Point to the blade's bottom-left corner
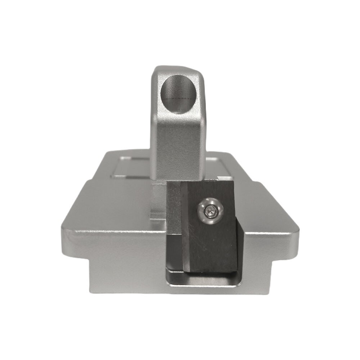[188, 271]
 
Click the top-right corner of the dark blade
[234, 181]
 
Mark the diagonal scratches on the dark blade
[200, 241]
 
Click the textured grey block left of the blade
[174, 209]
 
